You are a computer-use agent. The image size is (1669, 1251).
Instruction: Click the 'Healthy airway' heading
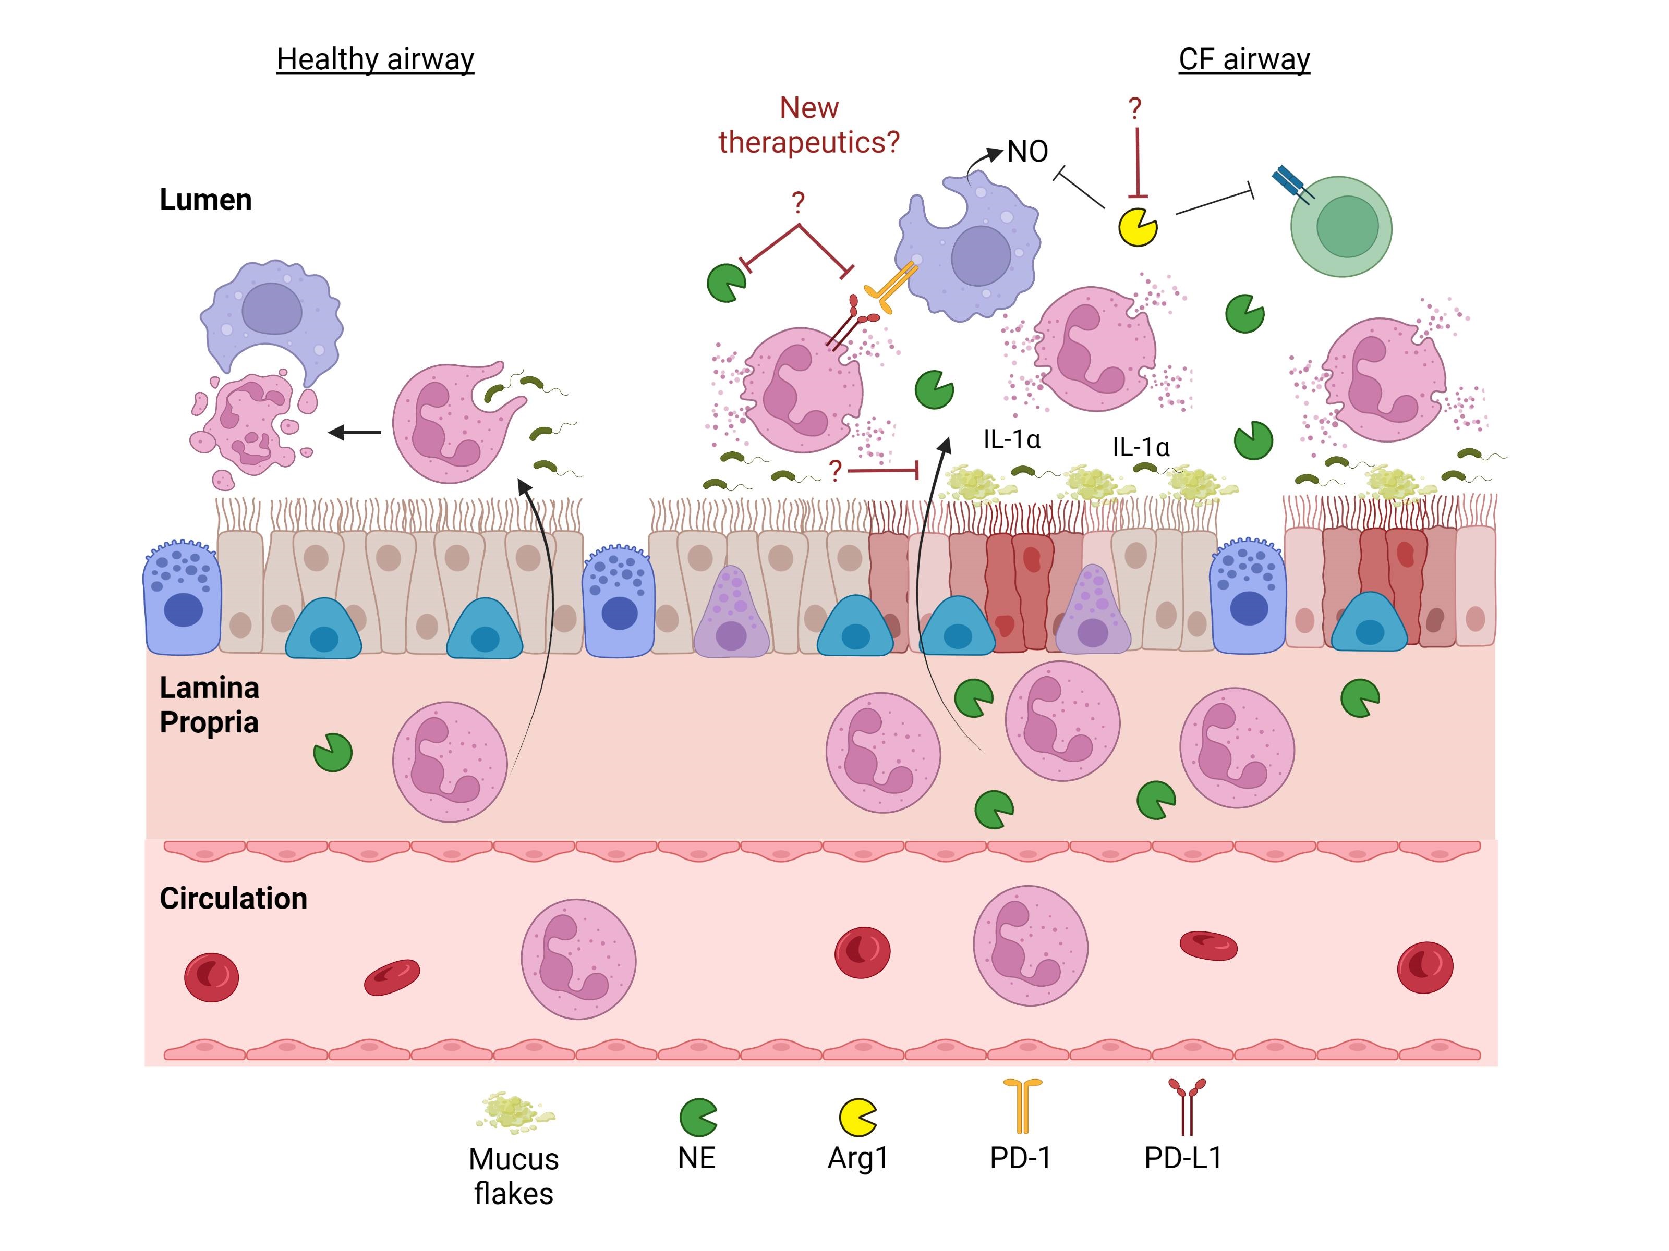coord(375,59)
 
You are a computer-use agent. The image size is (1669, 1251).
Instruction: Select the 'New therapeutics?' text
coord(809,125)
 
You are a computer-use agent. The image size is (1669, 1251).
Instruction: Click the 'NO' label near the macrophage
coord(1027,152)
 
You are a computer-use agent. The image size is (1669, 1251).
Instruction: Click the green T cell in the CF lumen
coord(1341,227)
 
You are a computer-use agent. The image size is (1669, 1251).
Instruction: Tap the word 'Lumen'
coord(205,200)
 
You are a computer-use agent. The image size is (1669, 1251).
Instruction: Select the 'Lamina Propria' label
coord(209,705)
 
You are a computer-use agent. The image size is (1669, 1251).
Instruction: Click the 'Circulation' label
coord(233,898)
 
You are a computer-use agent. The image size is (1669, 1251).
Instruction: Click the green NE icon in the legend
coord(698,1117)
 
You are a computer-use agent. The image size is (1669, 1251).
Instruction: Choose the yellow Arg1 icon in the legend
coord(858,1117)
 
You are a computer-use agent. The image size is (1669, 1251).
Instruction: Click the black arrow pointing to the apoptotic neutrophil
coord(355,433)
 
